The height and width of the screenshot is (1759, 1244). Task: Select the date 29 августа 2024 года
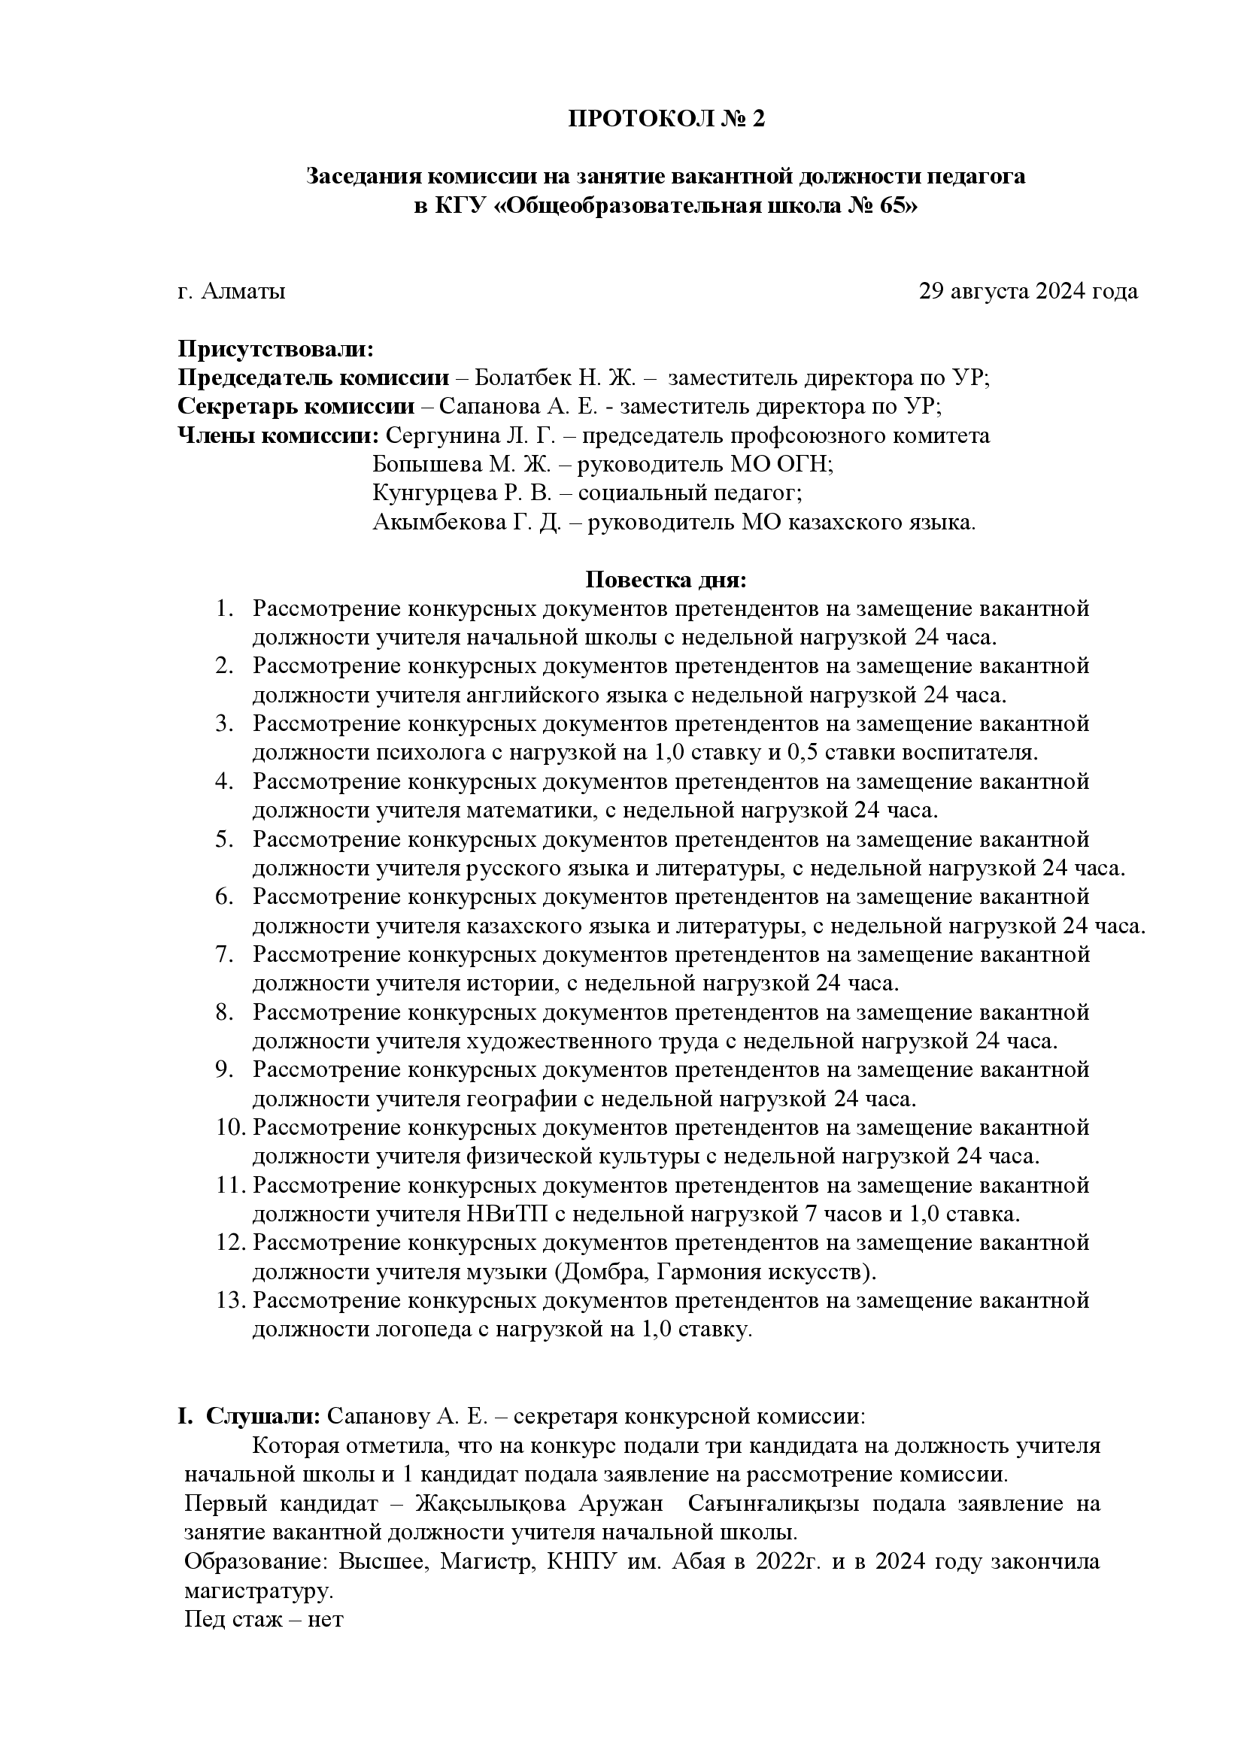tap(1028, 291)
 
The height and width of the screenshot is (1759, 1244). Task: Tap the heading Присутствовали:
tap(276, 350)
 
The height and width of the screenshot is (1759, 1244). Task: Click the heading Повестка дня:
tap(665, 580)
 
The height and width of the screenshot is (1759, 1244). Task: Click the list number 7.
tap(223, 954)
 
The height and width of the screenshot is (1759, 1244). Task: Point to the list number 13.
tap(230, 1300)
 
